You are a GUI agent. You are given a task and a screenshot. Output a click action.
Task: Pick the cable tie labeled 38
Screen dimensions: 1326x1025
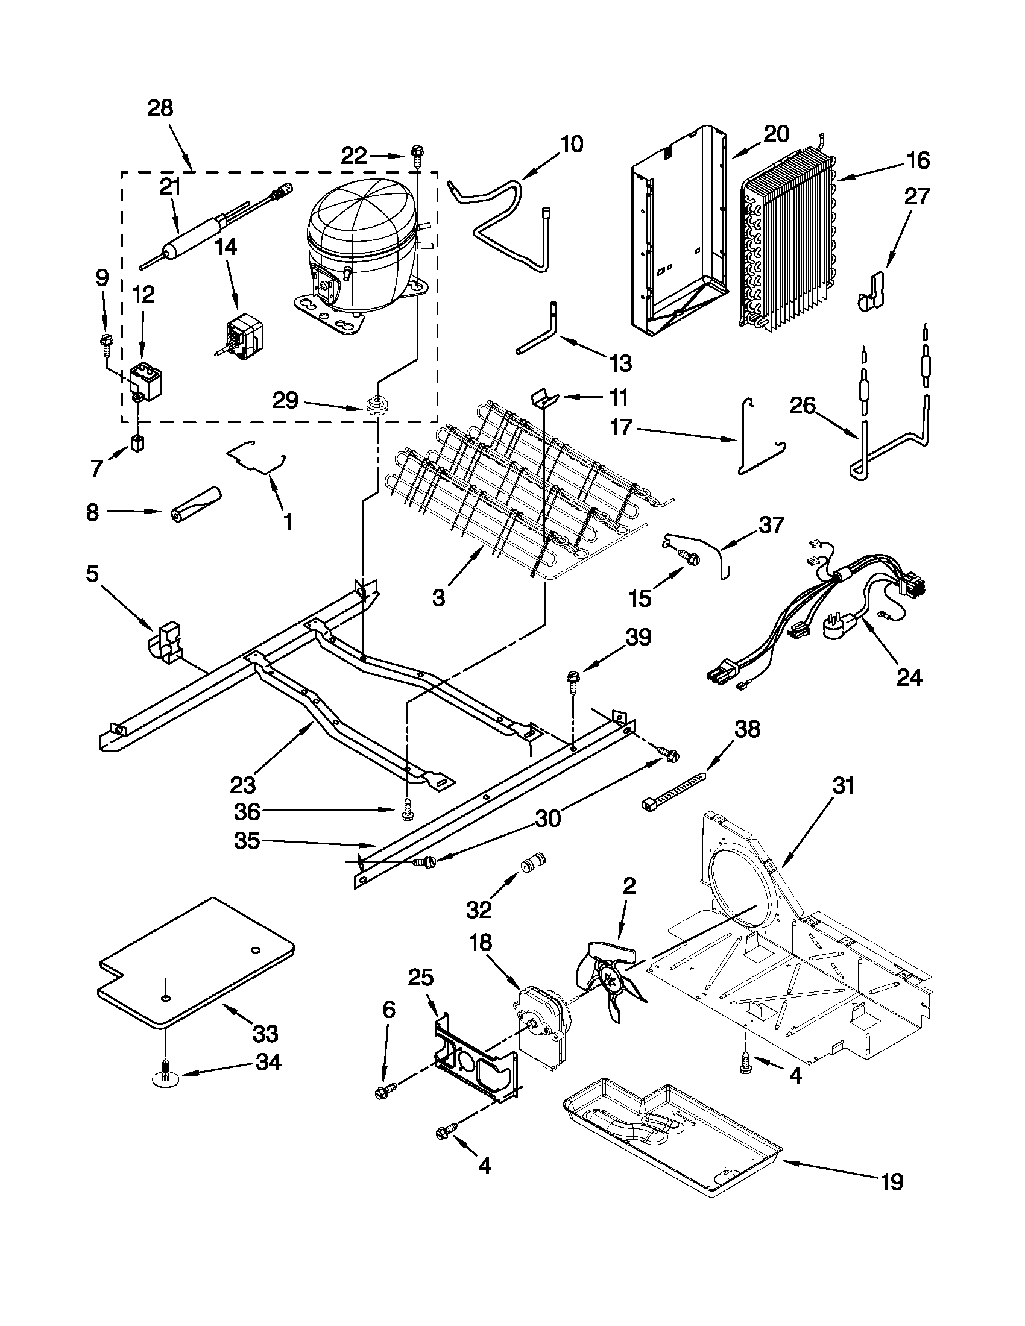tap(674, 791)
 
